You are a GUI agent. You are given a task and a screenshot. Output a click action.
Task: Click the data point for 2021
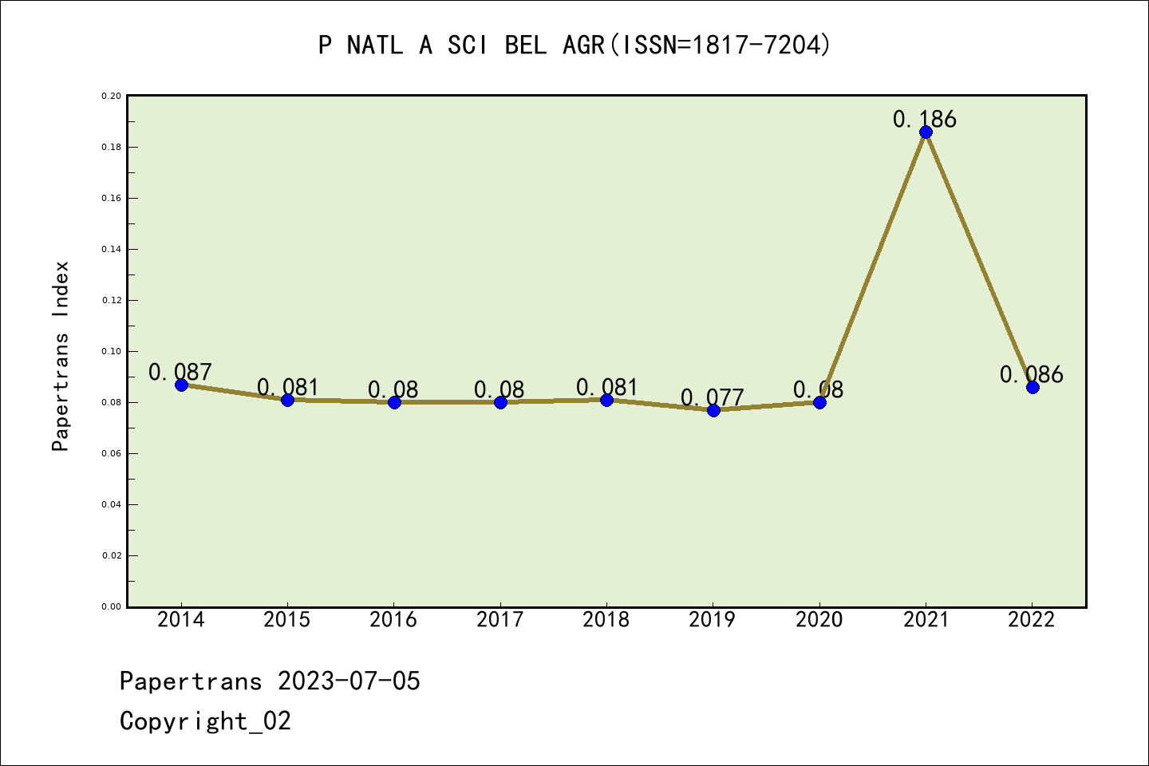[926, 132]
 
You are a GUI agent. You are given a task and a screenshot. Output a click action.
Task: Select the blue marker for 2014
[181, 385]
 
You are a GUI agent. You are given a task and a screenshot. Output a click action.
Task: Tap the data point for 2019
[713, 410]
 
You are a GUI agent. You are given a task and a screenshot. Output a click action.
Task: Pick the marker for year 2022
[1033, 387]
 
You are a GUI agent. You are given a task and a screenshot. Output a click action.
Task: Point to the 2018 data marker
[606, 400]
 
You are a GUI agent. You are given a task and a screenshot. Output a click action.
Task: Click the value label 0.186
[924, 119]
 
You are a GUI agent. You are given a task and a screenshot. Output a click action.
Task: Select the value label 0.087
[180, 372]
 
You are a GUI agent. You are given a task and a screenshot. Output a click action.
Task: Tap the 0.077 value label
[712, 397]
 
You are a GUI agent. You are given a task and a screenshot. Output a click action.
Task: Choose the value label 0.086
[1031, 374]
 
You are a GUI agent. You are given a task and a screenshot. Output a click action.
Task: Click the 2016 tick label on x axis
[393, 620]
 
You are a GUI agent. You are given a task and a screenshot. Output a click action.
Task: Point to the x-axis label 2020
[819, 620]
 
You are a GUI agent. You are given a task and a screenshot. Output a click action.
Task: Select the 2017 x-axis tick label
[499, 620]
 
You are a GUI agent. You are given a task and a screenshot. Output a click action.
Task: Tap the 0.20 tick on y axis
[111, 96]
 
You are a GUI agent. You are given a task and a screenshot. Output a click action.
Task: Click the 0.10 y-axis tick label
[111, 351]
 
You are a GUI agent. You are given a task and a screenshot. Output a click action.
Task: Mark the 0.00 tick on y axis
[111, 606]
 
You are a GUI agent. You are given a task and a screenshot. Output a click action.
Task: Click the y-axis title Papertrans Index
[61, 356]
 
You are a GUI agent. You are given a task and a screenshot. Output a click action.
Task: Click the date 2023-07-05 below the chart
[349, 681]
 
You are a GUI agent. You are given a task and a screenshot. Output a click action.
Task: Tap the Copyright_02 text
[205, 721]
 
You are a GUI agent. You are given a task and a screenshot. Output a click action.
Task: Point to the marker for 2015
[287, 400]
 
